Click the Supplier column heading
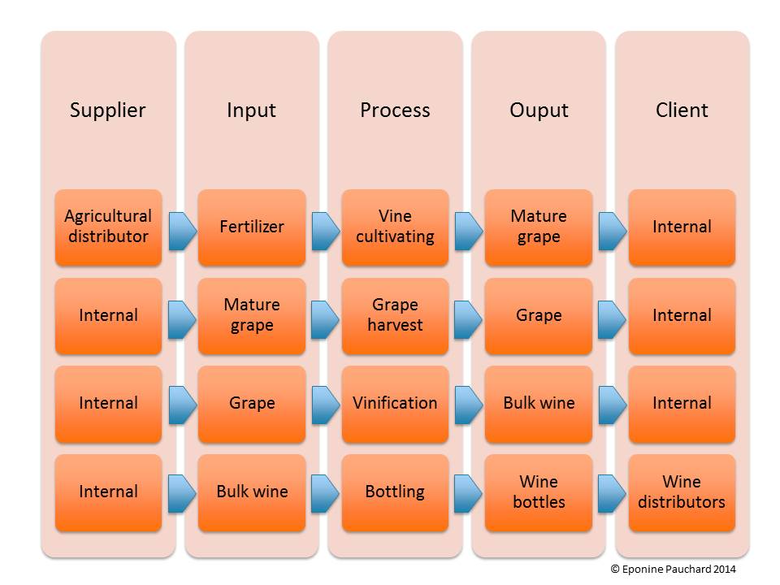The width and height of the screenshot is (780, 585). [x=108, y=110]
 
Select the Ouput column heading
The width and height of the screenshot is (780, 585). [x=539, y=110]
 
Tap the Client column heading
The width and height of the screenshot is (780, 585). [x=682, y=110]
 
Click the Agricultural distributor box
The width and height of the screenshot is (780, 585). [x=108, y=227]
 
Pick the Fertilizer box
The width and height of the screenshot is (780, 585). [x=252, y=227]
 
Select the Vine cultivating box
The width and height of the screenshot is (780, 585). [x=395, y=227]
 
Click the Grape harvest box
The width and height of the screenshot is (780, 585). [x=395, y=315]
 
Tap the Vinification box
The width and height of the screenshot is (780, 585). [x=395, y=404]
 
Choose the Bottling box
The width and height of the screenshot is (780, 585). [x=395, y=492]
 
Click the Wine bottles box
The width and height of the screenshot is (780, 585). [x=539, y=492]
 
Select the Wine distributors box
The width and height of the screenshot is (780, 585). [x=682, y=492]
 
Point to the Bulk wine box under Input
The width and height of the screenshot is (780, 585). [x=252, y=492]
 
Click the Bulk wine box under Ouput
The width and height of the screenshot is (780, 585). [x=539, y=404]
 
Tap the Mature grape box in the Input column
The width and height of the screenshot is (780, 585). [x=252, y=315]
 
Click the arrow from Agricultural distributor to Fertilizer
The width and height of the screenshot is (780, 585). [x=182, y=231]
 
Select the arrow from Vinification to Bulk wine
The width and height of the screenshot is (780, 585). [x=468, y=405]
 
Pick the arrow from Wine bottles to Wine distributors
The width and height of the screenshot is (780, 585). [x=611, y=493]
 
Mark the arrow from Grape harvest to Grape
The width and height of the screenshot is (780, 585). [x=468, y=320]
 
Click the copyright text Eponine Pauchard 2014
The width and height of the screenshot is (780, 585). [x=673, y=570]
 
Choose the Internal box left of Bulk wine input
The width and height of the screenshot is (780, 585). [x=108, y=492]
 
